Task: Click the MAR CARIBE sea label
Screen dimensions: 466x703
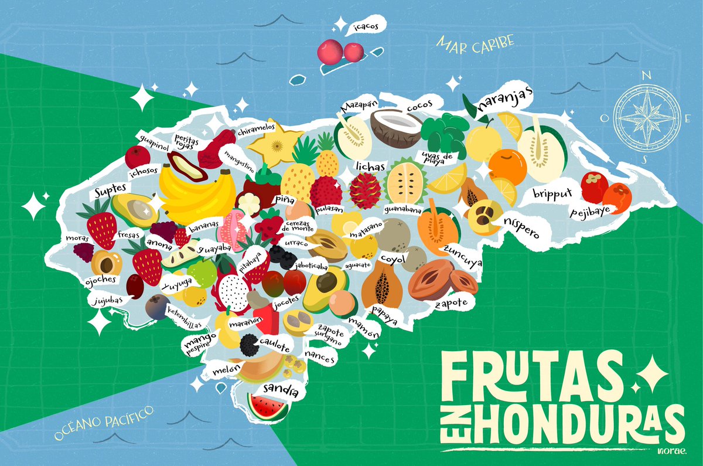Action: pyautogui.click(x=475, y=43)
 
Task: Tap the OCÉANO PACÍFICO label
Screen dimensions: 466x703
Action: pyautogui.click(x=104, y=421)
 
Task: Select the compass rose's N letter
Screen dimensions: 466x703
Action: pyautogui.click(x=647, y=74)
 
